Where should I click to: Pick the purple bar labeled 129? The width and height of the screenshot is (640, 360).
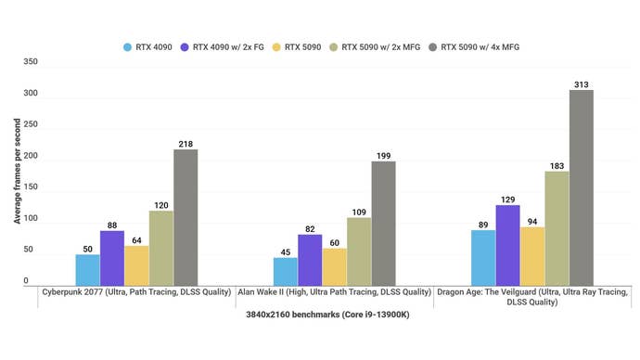[x=507, y=244]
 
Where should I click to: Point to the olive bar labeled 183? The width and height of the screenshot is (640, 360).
[x=557, y=227]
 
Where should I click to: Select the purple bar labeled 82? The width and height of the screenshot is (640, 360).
[x=310, y=259]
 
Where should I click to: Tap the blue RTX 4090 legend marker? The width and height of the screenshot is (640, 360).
[x=127, y=45]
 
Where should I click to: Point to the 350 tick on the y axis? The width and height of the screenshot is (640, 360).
[x=31, y=62]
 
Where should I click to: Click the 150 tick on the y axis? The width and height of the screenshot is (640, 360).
[x=31, y=187]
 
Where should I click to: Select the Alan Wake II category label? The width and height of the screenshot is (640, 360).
[x=334, y=292]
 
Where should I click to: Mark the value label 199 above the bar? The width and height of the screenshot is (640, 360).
[x=383, y=154]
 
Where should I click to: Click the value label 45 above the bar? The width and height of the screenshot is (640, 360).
[x=286, y=251]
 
